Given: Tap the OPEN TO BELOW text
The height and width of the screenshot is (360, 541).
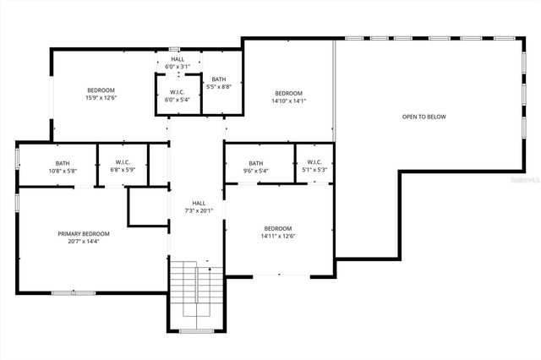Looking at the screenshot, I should pyautogui.click(x=424, y=117).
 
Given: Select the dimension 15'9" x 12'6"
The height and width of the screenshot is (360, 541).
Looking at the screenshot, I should pyautogui.click(x=101, y=97).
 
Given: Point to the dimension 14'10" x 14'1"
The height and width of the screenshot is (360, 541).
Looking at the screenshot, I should pyautogui.click(x=288, y=101).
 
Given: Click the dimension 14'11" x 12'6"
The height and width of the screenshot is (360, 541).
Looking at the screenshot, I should pyautogui.click(x=277, y=236).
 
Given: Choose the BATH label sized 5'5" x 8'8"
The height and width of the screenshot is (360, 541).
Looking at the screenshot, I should pyautogui.click(x=219, y=79).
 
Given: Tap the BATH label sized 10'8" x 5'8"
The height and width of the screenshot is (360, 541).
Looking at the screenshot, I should pyautogui.click(x=63, y=163).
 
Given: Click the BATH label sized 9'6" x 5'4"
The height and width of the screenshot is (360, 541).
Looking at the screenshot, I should pyautogui.click(x=255, y=163).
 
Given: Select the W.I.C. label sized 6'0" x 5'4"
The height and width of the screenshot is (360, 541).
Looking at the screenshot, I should pyautogui.click(x=178, y=92).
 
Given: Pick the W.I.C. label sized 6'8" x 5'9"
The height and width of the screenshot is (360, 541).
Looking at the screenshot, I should pyautogui.click(x=123, y=162).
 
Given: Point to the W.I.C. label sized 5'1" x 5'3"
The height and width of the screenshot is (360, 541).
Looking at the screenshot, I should pyautogui.click(x=314, y=162).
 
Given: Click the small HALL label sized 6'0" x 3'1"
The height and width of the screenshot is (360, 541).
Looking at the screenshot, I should pyautogui.click(x=178, y=59).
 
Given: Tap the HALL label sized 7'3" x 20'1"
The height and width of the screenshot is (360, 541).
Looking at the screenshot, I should pyautogui.click(x=199, y=203).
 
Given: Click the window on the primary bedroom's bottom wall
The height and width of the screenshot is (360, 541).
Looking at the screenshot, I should pyautogui.click(x=74, y=292).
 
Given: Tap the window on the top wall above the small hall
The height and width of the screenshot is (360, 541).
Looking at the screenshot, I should pyautogui.click(x=174, y=48).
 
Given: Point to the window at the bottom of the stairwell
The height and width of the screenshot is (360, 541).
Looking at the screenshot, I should pyautogui.click(x=196, y=330).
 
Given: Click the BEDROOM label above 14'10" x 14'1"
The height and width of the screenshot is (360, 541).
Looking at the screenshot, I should pyautogui.click(x=288, y=93).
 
